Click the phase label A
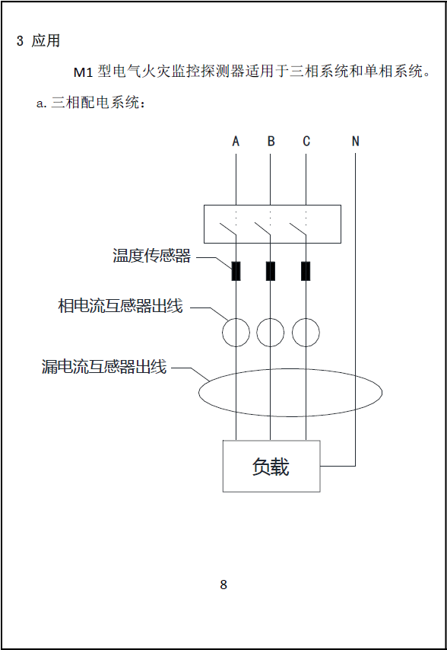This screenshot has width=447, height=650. tap(236, 142)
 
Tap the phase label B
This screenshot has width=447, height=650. tap(271, 142)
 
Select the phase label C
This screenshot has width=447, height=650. tap(306, 142)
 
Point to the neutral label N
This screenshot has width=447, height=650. tap(355, 142)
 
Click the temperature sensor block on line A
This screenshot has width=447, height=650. tap(236, 271)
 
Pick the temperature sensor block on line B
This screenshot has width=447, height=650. tap(271, 271)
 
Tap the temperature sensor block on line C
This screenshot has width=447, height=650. tap(306, 271)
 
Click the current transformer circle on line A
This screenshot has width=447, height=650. tap(222, 333)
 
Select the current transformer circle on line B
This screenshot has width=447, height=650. tap(257, 333)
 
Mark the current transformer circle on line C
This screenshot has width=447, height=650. tap(292, 333)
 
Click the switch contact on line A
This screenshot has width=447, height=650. tap(227, 229)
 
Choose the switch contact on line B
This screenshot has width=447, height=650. tap(262, 229)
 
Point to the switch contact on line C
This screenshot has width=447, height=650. tap(297, 229)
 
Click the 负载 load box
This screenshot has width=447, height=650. tap(271, 467)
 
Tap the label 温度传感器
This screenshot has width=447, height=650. tap(152, 256)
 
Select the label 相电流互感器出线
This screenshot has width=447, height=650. tap(120, 305)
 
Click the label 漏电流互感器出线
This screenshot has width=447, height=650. tap(104, 366)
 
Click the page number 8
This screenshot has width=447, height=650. tap(223, 585)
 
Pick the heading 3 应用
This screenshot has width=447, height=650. tap(39, 40)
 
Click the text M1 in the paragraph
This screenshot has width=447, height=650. tap(83, 72)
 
